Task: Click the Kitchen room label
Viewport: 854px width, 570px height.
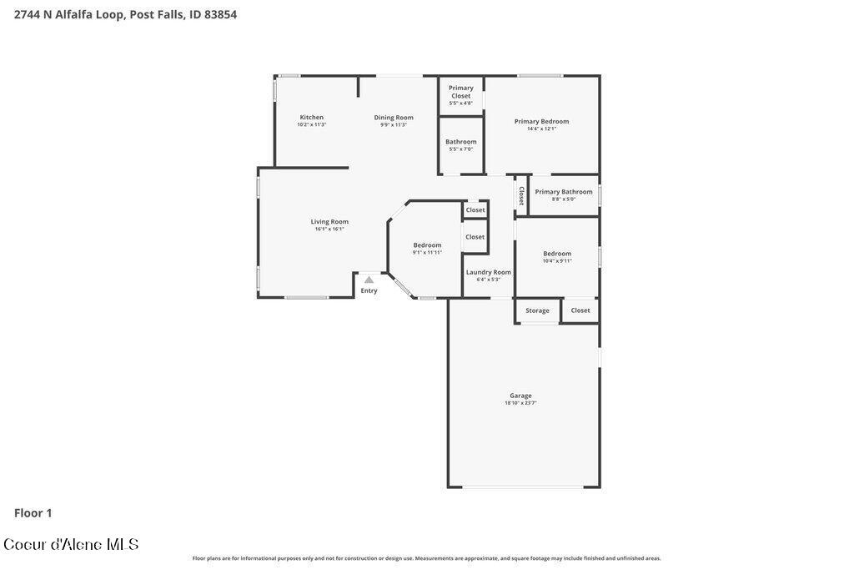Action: (x=312, y=118)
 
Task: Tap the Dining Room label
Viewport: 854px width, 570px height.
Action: (x=394, y=118)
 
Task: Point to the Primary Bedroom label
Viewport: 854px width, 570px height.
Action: (x=541, y=122)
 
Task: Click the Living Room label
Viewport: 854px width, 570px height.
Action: (x=329, y=222)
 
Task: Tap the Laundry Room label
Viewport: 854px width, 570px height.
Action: (x=489, y=272)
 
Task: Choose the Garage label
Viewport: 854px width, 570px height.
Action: (x=520, y=396)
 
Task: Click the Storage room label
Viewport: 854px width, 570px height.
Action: (x=537, y=310)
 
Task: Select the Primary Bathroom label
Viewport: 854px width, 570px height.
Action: (x=564, y=192)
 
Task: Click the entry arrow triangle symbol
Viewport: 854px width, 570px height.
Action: (x=369, y=280)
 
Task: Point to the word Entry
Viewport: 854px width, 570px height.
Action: (x=369, y=290)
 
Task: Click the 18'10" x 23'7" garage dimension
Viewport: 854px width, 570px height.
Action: (x=520, y=403)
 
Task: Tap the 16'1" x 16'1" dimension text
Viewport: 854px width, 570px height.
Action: (x=329, y=229)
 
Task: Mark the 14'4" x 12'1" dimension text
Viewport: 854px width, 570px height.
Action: (x=541, y=129)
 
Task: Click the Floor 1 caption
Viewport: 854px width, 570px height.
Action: (x=33, y=513)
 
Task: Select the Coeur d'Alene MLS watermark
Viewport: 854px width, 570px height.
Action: (x=71, y=544)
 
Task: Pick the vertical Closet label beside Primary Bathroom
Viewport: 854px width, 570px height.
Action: (x=521, y=195)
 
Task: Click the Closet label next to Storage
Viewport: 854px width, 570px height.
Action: (x=580, y=310)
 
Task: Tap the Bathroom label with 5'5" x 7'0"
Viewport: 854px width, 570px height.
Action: (x=460, y=142)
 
